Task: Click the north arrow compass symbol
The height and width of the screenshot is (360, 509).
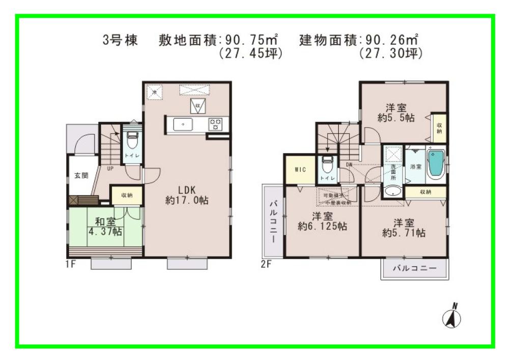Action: (451, 316)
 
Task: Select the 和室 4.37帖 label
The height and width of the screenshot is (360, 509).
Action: (105, 227)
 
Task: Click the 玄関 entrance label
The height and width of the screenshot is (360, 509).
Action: (81, 176)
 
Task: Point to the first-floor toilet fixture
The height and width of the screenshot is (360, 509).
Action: (132, 140)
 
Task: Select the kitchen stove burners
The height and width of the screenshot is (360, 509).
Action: (215, 124)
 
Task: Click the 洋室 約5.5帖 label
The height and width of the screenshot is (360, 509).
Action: (395, 113)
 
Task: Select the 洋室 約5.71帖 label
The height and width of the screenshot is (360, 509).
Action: (404, 228)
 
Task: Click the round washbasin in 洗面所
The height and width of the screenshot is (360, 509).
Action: (392, 191)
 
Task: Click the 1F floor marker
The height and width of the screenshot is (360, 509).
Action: (72, 264)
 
